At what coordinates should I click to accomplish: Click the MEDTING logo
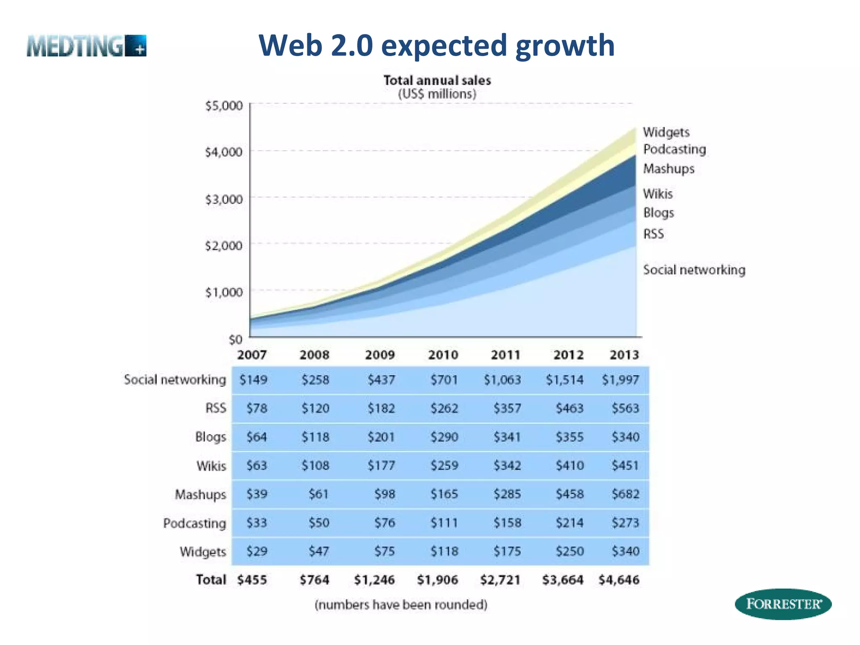[x=87, y=46]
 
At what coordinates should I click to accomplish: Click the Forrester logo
[x=783, y=604]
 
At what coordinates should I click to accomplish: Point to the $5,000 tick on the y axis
[x=224, y=105]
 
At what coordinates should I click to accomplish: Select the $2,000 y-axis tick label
[x=224, y=245]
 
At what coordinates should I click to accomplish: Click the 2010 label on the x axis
[x=443, y=355]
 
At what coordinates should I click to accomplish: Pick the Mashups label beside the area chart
[x=669, y=169]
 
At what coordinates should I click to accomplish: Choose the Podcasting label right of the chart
[x=674, y=149]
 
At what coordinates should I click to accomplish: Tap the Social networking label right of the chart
[x=694, y=270]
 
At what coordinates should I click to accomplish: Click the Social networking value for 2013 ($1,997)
[x=620, y=380]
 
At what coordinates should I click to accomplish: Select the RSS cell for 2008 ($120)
[x=315, y=408]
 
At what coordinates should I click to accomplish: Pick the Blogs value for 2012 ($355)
[x=569, y=437]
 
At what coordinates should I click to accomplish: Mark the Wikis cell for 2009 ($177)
[x=381, y=466]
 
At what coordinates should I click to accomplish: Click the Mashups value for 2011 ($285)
[x=507, y=494]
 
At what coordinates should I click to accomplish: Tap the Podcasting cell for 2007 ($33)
[x=257, y=523]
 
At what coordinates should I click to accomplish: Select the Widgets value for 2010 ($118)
[x=444, y=551]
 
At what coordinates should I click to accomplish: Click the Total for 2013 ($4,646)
[x=619, y=580]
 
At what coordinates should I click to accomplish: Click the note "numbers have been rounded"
[x=401, y=605]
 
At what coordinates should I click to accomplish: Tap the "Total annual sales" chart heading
[x=437, y=80]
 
